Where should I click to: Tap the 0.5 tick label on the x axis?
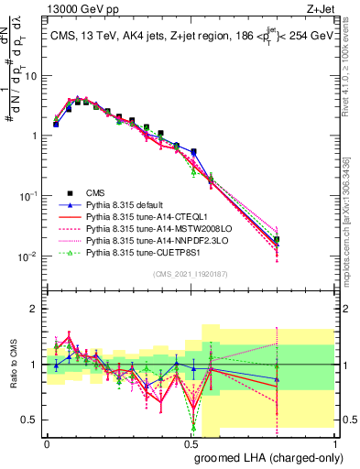tap(191, 442)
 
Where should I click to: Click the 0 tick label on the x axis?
tap(47, 442)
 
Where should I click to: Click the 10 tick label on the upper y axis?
tap(31, 76)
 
